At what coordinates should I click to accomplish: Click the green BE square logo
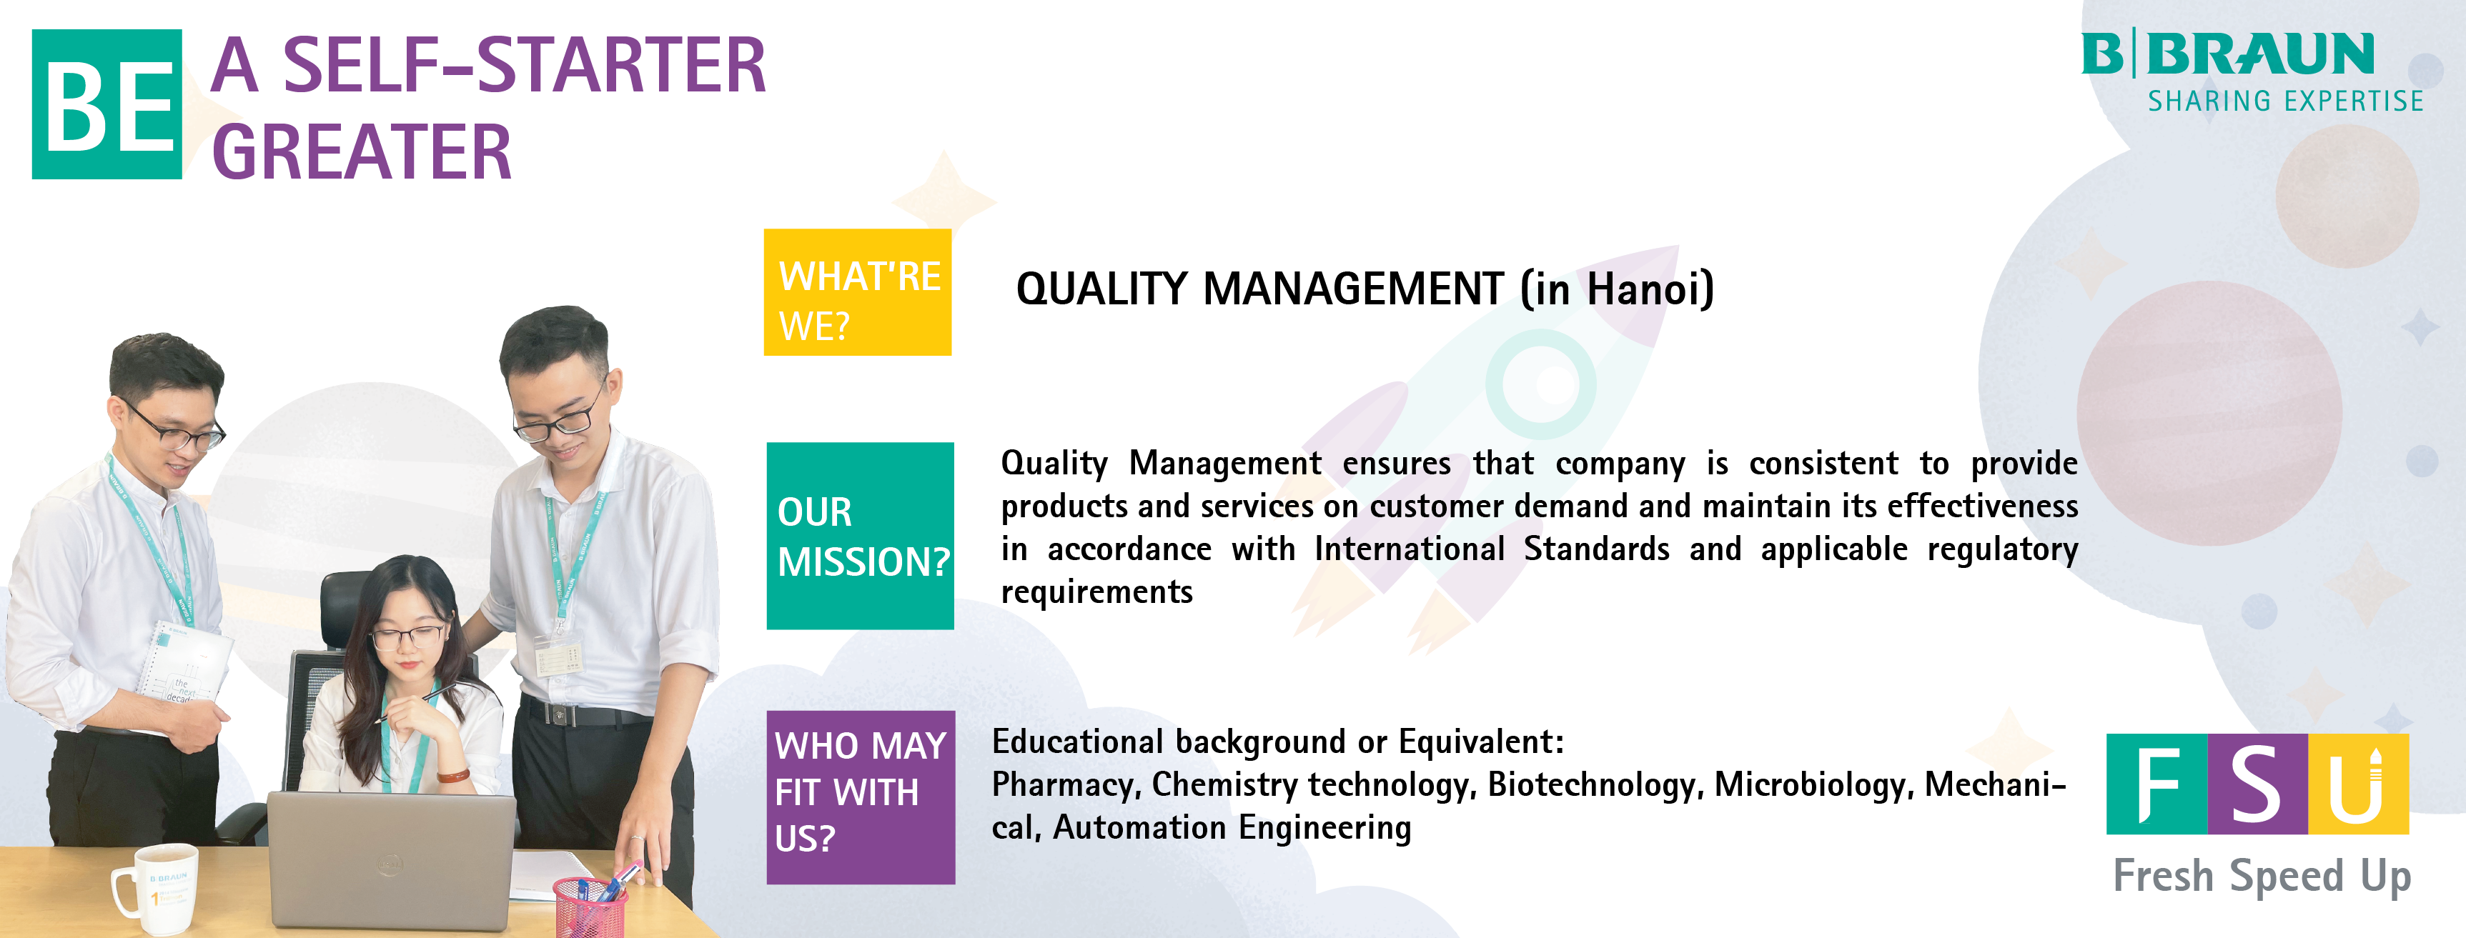[x=107, y=104]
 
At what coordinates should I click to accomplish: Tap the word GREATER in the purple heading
[x=362, y=151]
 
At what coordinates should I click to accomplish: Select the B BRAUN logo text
[x=2228, y=54]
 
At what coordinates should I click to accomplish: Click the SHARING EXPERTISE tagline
[x=2285, y=101]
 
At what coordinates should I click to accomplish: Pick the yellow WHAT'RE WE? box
[x=858, y=292]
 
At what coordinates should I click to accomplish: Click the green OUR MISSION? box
[x=861, y=535]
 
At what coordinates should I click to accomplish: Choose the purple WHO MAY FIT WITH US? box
[x=861, y=797]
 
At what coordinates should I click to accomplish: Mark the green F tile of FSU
[x=2156, y=784]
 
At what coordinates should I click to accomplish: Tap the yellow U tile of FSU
[x=2358, y=784]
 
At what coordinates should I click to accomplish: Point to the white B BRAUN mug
[x=158, y=887]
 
